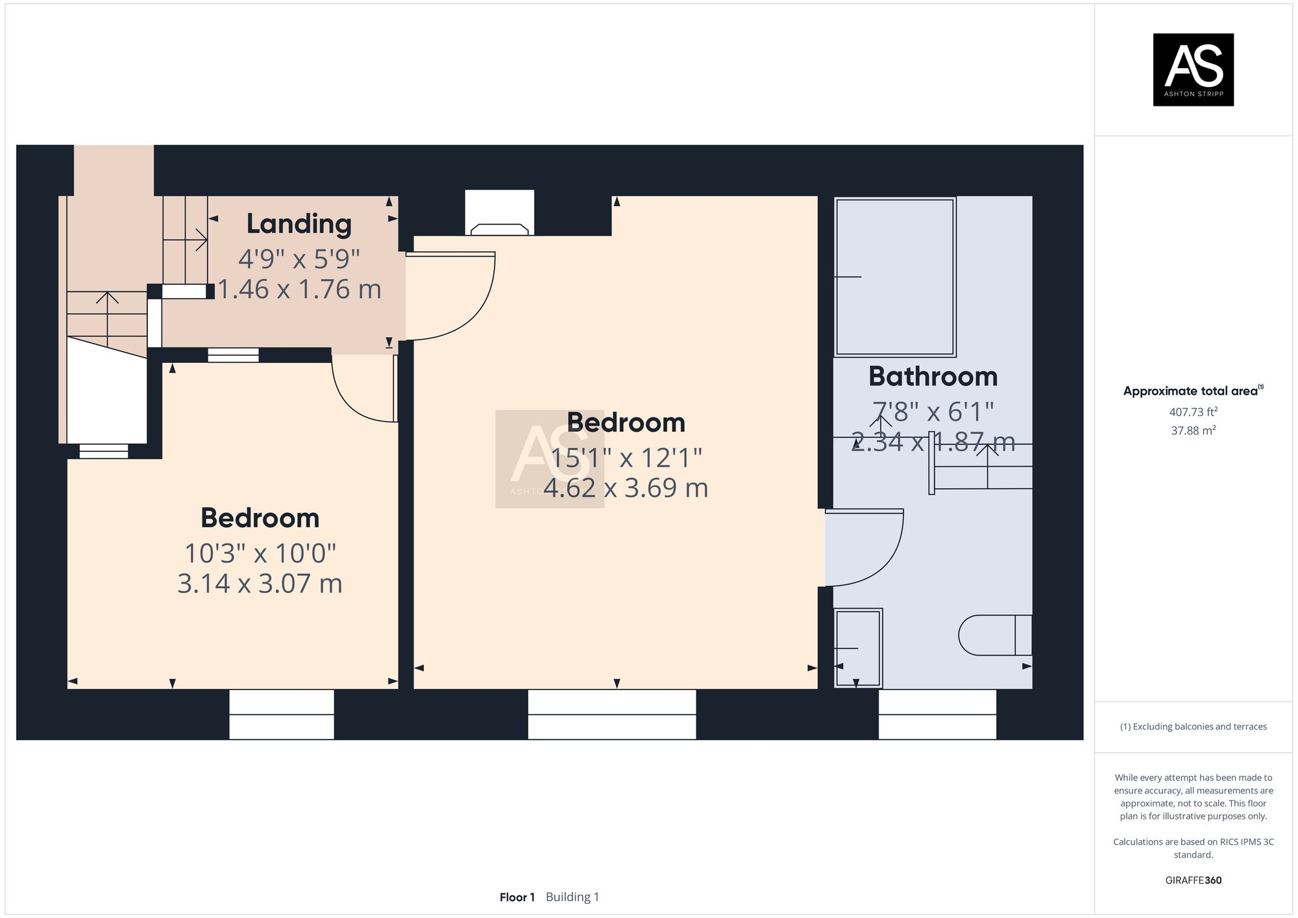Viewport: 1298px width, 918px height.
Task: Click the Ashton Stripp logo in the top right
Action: [1193, 69]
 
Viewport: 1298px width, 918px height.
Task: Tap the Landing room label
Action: [299, 224]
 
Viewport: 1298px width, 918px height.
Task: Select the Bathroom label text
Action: [933, 377]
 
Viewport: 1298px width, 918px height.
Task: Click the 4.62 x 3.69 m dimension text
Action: [626, 488]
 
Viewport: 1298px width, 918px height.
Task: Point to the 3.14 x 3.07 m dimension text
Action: [260, 584]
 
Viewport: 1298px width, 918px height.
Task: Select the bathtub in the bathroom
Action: [894, 277]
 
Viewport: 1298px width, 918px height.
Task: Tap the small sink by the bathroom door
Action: [858, 648]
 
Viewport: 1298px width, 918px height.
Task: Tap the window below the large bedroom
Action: [611, 714]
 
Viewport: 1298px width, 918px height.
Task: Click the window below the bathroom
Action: [937, 714]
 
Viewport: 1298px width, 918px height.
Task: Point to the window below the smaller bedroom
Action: [282, 714]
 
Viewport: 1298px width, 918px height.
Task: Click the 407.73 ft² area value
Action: [1193, 412]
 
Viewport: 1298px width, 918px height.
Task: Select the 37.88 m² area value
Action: [1193, 430]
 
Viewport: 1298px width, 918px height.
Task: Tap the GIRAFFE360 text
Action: [1193, 880]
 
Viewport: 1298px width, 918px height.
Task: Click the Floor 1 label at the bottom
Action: [517, 897]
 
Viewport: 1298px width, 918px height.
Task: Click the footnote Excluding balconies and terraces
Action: [1193, 726]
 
